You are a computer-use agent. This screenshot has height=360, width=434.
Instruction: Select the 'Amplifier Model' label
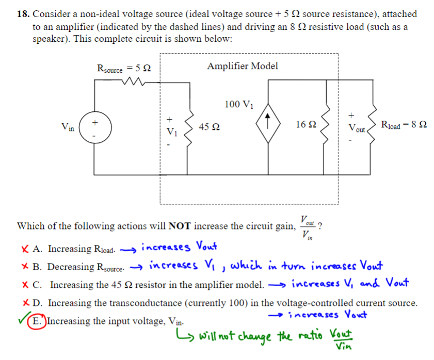242,66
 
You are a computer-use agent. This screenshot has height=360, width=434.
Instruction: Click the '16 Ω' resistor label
307,124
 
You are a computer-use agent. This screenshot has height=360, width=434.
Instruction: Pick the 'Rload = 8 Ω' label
403,125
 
